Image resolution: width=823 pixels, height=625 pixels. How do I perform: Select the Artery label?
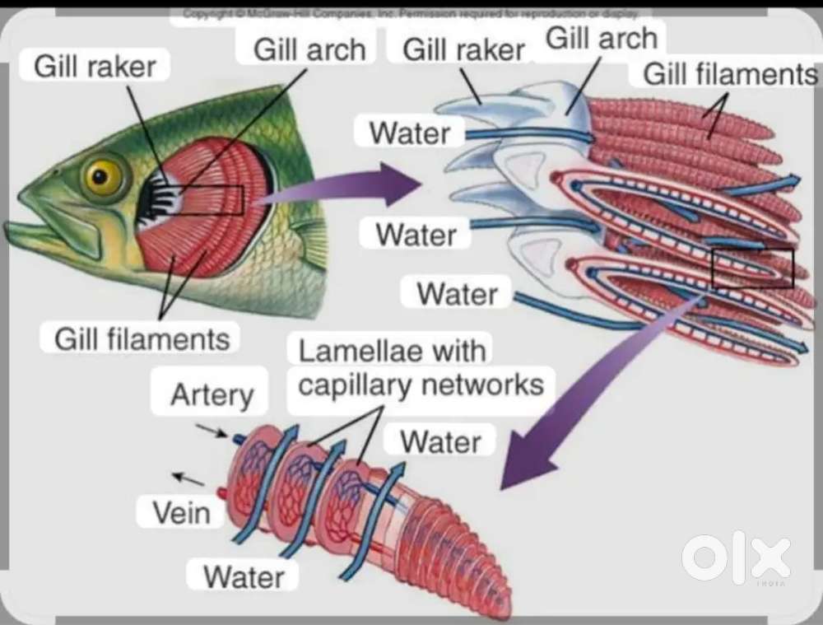coord(212,395)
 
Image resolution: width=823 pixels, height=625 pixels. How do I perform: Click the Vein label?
coord(181,513)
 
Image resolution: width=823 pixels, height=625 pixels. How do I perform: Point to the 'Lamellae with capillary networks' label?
coord(420,369)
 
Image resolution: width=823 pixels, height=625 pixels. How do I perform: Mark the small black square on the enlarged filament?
coord(752,268)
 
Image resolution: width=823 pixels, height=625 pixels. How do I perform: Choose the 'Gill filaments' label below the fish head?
coord(142,338)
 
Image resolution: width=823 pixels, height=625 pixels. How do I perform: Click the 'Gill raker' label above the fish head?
coord(95,67)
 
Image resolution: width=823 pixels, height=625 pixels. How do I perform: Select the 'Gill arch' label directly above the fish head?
coord(309,49)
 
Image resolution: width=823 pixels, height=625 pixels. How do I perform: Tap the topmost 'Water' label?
coord(409,133)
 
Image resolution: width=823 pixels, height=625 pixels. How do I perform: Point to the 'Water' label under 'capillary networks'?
coord(440,442)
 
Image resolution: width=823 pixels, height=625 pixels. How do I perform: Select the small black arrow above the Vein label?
coord(188,478)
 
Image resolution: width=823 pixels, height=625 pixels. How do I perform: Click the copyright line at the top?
coord(411,14)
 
